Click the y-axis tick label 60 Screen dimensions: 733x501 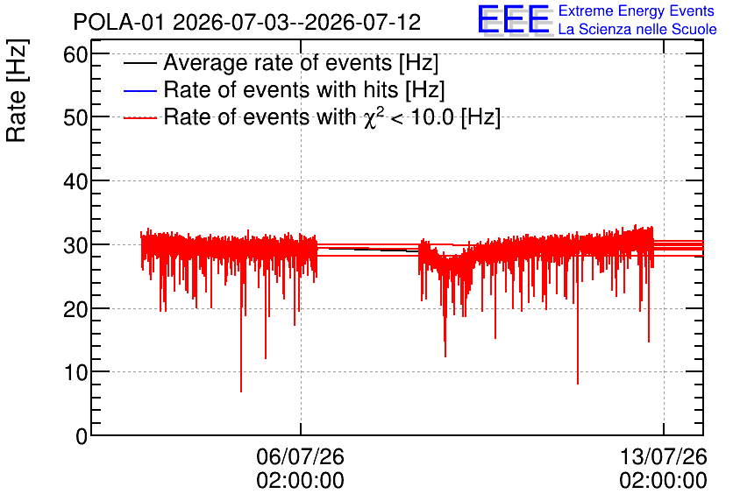tap(75, 54)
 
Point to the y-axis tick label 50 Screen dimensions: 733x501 tap(75, 117)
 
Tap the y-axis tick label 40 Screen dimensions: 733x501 tap(75, 181)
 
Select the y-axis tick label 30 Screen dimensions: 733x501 tap(75, 245)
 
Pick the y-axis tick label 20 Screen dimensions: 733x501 tap(75, 308)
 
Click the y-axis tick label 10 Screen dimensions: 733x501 tap(75, 372)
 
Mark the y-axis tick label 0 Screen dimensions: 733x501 tap(82, 436)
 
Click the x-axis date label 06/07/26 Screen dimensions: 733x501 tap(300, 456)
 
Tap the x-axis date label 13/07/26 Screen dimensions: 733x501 tap(664, 456)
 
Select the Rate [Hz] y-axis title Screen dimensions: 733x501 tap(17, 90)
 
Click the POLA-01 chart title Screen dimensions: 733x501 tap(247, 22)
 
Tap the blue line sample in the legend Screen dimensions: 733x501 tap(139, 90)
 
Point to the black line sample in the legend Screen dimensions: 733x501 tap(139, 63)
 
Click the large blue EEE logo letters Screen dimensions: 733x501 tap(513, 19)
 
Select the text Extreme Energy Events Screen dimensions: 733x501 tap(637, 11)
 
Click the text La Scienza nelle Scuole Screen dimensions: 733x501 tap(637, 29)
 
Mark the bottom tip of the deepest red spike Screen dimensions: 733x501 tap(241, 392)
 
